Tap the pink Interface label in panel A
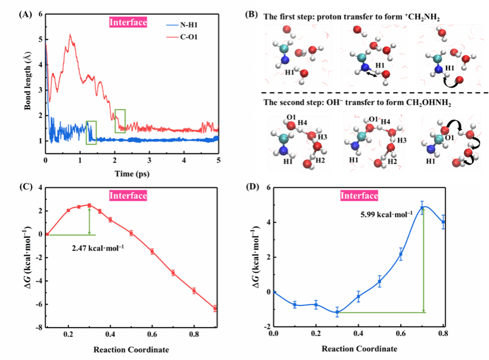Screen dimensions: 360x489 coord(128,23)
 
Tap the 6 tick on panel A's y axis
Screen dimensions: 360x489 coord(40,14)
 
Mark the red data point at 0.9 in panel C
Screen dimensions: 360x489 coord(215,308)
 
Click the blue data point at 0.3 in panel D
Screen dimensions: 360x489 coord(337,312)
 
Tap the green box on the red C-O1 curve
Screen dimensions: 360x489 coord(120,121)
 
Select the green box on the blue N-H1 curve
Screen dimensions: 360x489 coord(91,132)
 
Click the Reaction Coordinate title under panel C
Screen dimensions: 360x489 coord(131,348)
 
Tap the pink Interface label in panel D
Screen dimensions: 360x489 coord(359,196)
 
